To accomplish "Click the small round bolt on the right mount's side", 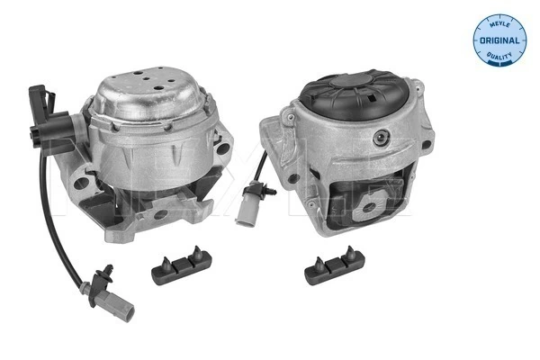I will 384,139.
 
